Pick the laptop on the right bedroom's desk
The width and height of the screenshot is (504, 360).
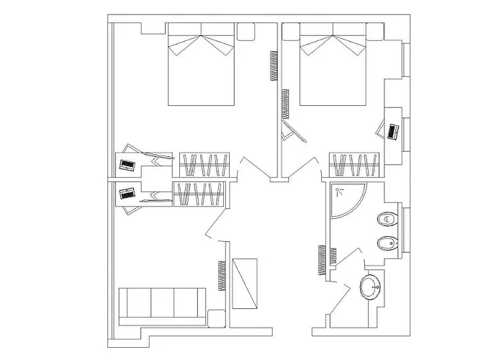392,132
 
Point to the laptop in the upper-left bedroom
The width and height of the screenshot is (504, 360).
127,165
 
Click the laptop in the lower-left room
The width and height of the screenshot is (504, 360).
127,194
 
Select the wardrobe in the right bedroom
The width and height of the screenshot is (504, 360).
354,164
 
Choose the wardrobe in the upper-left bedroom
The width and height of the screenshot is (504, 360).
204,164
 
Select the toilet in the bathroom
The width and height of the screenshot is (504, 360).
387,218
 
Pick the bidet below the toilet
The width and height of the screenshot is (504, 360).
387,243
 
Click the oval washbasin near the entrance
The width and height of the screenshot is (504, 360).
372,287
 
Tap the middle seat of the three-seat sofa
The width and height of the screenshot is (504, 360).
163,302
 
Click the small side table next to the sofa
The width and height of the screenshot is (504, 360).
216,318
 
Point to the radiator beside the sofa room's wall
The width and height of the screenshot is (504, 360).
221,275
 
